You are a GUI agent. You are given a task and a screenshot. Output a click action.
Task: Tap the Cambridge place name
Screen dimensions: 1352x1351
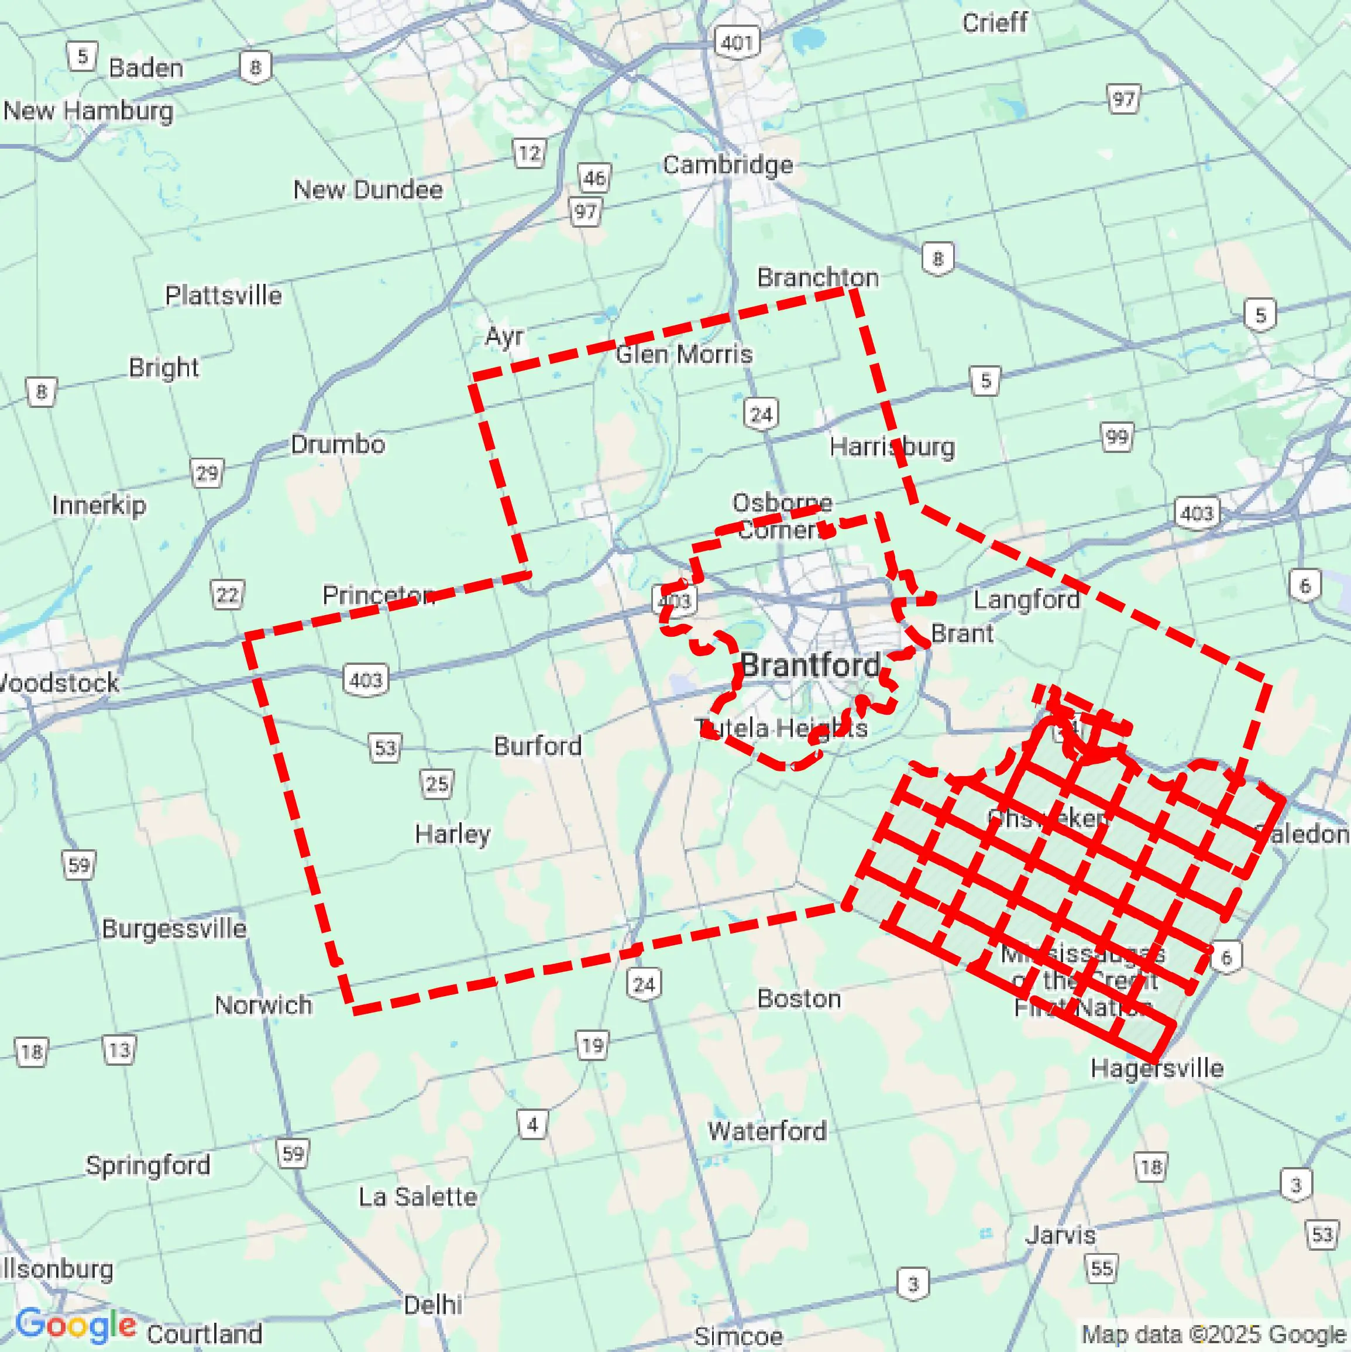pyautogui.click(x=728, y=165)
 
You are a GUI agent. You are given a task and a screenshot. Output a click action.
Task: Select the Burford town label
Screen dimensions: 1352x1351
pyautogui.click(x=537, y=746)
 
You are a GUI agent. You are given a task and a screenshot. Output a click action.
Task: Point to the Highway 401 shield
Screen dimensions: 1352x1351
pyautogui.click(x=737, y=43)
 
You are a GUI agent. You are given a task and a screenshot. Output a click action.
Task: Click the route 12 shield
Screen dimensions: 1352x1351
pyautogui.click(x=530, y=153)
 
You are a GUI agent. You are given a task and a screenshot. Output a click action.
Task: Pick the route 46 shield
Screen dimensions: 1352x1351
pyautogui.click(x=594, y=178)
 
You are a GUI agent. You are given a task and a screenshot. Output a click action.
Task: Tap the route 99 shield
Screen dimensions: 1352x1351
pyautogui.click(x=1116, y=437)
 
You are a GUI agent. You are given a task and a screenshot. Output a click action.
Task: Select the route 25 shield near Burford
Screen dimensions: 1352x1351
pyautogui.click(x=436, y=783)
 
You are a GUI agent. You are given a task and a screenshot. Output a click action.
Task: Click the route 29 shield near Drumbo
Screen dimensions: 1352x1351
pyautogui.click(x=207, y=473)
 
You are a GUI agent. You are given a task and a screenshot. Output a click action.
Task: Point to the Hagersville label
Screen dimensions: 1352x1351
pyautogui.click(x=1157, y=1068)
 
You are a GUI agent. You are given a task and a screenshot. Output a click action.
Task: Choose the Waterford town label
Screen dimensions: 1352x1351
pyautogui.click(x=767, y=1130)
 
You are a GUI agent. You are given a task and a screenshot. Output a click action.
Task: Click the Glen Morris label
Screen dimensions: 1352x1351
pyautogui.click(x=683, y=354)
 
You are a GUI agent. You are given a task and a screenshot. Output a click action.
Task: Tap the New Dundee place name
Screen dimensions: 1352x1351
pyautogui.click(x=367, y=190)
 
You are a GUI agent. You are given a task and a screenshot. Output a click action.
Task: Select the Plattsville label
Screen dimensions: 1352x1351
pyautogui.click(x=223, y=296)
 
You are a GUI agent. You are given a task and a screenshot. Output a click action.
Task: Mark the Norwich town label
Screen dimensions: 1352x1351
pyautogui.click(x=263, y=1005)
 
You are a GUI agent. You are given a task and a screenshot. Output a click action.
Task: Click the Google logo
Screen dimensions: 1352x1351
pyautogui.click(x=75, y=1324)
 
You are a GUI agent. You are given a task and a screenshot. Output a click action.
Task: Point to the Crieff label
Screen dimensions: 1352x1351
pyautogui.click(x=994, y=23)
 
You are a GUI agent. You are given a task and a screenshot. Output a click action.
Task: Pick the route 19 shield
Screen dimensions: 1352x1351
pyautogui.click(x=592, y=1045)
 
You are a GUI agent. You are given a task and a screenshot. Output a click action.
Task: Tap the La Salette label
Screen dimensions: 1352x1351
pyautogui.click(x=418, y=1197)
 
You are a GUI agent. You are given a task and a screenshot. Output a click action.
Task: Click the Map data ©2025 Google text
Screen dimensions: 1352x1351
pyautogui.click(x=1214, y=1334)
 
